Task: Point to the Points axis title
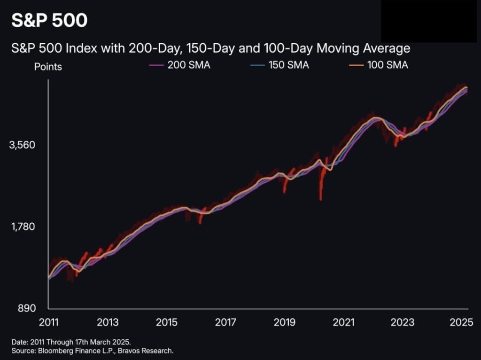48,67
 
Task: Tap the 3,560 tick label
22,145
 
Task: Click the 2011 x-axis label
49,322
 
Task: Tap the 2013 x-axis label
108,322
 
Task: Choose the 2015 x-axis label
167,322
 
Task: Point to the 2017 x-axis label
225,322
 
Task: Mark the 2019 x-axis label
285,322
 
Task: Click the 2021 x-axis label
343,322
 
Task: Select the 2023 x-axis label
403,322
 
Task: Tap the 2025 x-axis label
461,322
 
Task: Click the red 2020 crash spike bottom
321,199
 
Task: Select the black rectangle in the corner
429,22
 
